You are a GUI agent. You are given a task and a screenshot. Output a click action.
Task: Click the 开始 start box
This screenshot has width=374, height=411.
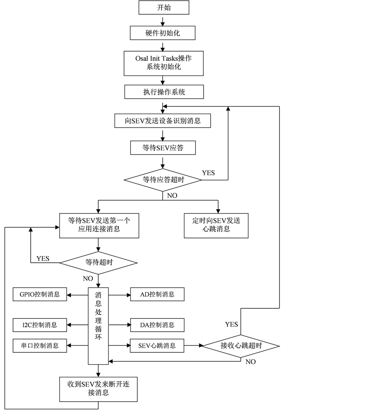tap(164, 7)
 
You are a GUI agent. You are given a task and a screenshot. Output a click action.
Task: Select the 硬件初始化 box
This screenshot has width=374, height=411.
tap(162, 33)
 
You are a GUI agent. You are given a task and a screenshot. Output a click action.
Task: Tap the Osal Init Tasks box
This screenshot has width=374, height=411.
tap(164, 63)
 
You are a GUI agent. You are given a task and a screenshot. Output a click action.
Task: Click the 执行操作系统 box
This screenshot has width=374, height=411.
tap(164, 92)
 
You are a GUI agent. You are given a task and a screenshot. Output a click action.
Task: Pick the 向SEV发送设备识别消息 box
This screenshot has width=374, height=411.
tap(163, 121)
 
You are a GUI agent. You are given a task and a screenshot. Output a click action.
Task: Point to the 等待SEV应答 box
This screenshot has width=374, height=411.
tap(163, 148)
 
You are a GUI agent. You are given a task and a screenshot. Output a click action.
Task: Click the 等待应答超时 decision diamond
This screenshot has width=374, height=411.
tap(163, 180)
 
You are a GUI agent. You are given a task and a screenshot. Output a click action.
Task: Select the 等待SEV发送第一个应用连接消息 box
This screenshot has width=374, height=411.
tap(99, 225)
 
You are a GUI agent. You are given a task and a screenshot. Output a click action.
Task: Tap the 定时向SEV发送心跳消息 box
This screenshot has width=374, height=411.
tap(216, 225)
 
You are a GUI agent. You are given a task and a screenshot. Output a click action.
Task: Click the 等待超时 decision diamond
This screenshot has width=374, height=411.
tap(99, 263)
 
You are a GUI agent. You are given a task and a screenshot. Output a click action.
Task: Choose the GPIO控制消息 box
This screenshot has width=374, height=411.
tap(40, 295)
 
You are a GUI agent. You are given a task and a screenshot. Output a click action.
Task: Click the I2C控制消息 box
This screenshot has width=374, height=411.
tap(40, 325)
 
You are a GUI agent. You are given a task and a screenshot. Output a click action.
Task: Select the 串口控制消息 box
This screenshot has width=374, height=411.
tap(40, 346)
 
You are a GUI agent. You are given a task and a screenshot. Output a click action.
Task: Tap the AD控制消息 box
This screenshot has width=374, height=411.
tap(157, 295)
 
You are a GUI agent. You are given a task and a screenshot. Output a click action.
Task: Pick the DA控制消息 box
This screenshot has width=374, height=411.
tap(157, 325)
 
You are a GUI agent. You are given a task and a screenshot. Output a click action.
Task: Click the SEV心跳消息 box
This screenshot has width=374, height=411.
tap(157, 346)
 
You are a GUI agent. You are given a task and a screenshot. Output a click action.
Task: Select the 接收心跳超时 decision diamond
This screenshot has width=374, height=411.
tap(241, 346)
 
